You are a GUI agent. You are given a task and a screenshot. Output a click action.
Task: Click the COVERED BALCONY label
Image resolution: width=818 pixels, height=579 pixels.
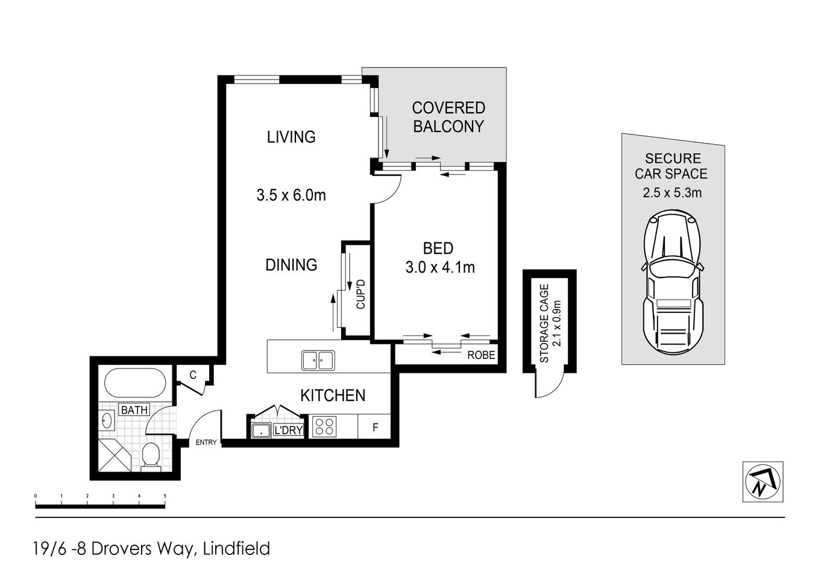tap(448, 117)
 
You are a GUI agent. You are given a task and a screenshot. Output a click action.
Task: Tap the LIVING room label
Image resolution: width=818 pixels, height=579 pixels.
tap(291, 137)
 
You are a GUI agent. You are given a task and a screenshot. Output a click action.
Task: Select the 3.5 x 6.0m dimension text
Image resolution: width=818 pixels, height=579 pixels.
tap(291, 195)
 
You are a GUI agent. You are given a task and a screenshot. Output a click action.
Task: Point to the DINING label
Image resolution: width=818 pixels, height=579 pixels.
tap(291, 264)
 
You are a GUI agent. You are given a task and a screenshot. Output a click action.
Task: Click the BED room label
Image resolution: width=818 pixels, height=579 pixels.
tap(438, 248)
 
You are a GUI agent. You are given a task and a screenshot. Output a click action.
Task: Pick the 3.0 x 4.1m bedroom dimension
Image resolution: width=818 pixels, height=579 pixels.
tap(440, 267)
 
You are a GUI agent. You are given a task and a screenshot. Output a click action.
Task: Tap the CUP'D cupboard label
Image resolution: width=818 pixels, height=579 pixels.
tap(361, 294)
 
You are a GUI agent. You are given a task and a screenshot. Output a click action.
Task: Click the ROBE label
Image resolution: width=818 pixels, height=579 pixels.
tap(481, 355)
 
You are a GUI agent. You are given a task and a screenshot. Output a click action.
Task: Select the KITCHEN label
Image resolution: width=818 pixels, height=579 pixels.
tap(333, 395)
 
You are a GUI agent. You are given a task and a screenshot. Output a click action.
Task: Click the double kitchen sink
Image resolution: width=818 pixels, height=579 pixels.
tap(318, 361)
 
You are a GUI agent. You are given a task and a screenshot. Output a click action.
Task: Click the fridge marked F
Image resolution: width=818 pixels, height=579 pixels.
tap(375, 428)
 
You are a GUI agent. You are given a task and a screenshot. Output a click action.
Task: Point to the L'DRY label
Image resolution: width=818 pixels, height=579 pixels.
tap(288, 431)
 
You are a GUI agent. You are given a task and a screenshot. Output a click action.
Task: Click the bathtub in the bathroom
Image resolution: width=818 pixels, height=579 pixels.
tap(134, 383)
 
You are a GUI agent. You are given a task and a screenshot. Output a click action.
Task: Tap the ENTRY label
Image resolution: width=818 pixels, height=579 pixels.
tap(206, 443)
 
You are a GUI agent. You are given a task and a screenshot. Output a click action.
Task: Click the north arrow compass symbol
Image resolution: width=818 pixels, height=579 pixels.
tap(762, 482)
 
